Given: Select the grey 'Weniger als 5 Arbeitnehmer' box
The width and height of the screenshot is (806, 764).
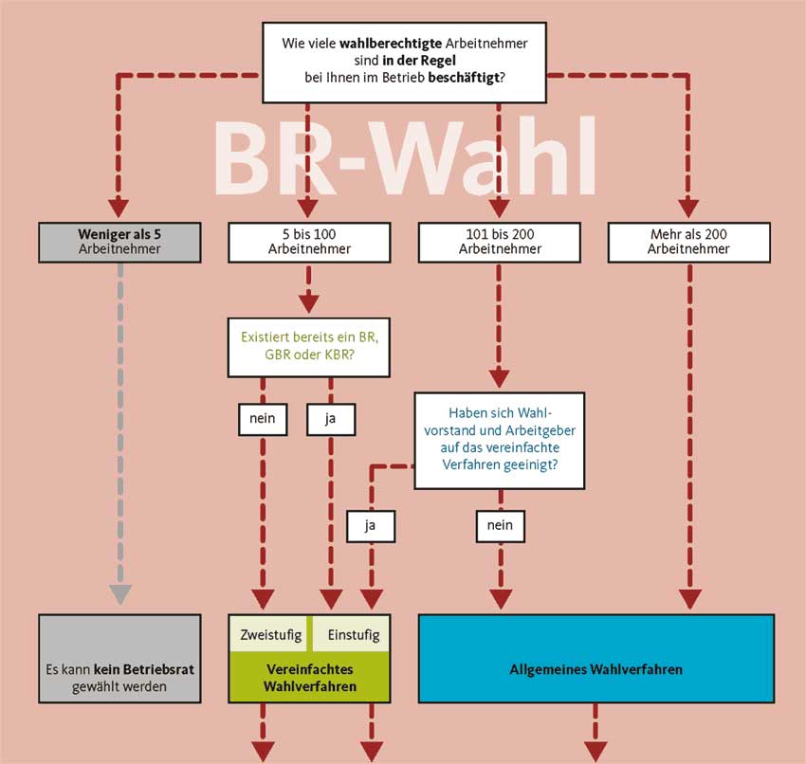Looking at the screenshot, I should (x=119, y=241).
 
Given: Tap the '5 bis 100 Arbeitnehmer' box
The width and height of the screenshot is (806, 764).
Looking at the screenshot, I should (x=309, y=241).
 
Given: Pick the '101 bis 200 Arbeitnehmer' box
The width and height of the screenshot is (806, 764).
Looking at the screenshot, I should (x=499, y=241).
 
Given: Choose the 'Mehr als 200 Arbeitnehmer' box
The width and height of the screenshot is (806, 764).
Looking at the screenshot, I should (x=688, y=241).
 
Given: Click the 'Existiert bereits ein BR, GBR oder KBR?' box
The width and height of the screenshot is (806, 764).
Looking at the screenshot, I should (x=309, y=346).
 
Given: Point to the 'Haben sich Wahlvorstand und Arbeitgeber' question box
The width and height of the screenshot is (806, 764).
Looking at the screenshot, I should (x=499, y=439).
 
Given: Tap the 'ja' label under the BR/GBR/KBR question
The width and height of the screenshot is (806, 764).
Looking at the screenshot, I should (x=330, y=418).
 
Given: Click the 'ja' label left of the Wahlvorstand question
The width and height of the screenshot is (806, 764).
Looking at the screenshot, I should (x=370, y=523).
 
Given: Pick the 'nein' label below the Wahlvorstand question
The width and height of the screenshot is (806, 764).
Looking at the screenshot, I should (x=499, y=523).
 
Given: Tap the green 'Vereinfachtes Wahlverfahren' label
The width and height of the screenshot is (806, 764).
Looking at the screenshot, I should (x=309, y=679).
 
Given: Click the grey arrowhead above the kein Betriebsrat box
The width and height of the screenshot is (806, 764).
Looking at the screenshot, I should (x=119, y=594).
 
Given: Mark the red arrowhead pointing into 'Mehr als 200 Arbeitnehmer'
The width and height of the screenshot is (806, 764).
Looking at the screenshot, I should (x=688, y=207).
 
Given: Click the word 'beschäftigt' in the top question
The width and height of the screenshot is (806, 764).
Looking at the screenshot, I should (x=465, y=77).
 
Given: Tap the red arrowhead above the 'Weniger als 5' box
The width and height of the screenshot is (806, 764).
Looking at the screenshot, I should (x=119, y=207).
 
